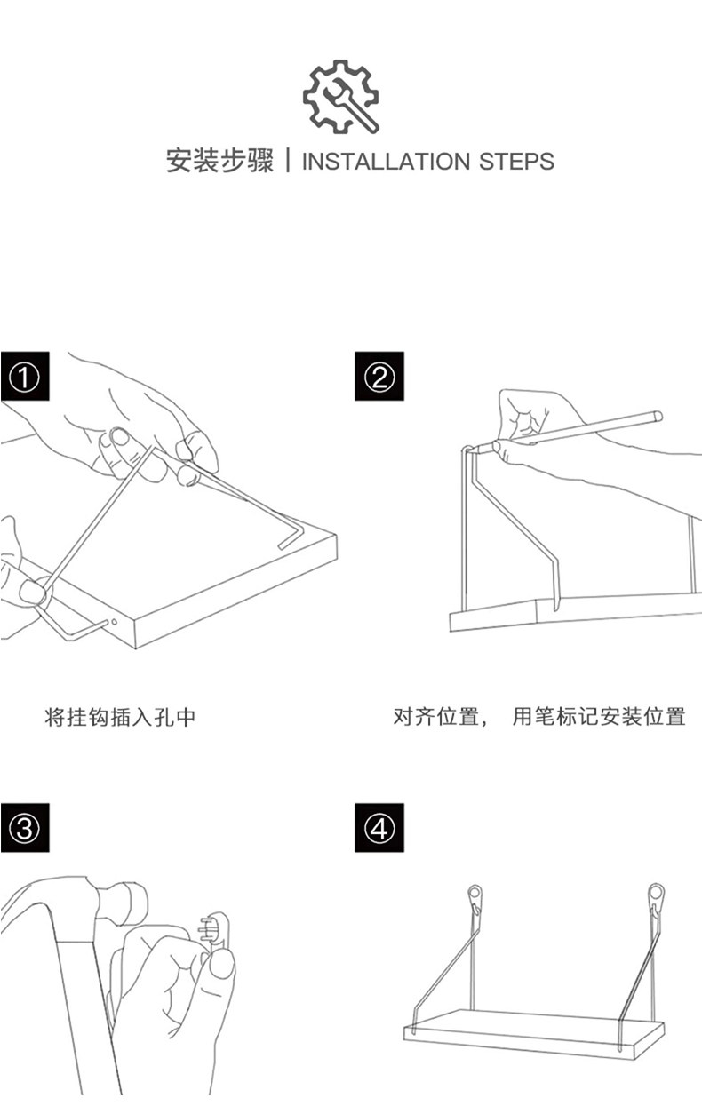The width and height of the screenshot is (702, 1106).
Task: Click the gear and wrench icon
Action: point(341,97)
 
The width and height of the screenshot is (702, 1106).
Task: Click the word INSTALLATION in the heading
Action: point(386,163)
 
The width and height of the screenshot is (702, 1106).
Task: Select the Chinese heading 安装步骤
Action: point(219,162)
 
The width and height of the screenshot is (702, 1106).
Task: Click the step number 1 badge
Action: point(24,377)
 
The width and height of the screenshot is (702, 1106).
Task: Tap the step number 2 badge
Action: point(379,377)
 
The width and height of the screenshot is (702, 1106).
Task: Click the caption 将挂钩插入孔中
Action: point(119,717)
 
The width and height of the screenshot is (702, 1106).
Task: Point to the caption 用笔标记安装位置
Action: point(599,717)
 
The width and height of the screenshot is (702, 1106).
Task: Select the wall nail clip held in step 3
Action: point(217,933)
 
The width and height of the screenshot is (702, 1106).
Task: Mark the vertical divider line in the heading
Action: point(287,162)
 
